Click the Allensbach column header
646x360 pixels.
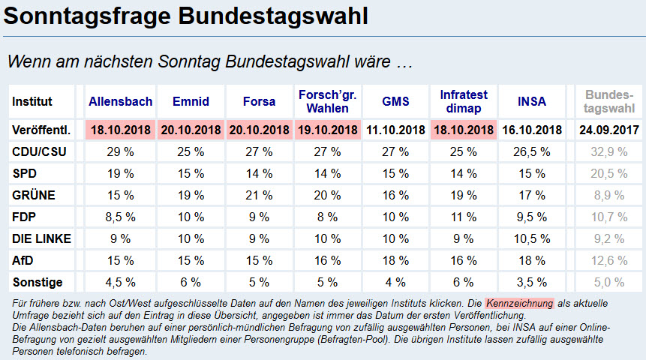click(120, 101)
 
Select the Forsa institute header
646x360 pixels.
click(259, 101)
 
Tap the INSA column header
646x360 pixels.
click(532, 101)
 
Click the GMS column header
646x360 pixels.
click(395, 101)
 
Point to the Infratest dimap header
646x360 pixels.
click(464, 101)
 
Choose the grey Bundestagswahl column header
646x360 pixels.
click(605, 101)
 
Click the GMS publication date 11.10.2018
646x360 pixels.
click(395, 130)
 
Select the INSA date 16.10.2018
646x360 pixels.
click(532, 130)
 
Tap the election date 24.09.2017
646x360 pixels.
click(605, 130)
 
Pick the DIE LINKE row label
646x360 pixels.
click(42, 238)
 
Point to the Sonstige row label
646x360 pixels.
click(38, 283)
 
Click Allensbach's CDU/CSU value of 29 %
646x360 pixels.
click(120, 151)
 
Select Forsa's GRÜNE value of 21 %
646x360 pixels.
click(259, 195)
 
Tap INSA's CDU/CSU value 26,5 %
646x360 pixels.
click(532, 151)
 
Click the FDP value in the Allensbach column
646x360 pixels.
click(120, 217)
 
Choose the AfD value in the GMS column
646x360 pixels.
click(395, 260)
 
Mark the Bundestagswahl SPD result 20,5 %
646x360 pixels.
click(605, 173)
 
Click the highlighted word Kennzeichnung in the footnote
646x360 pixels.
click(519, 303)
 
